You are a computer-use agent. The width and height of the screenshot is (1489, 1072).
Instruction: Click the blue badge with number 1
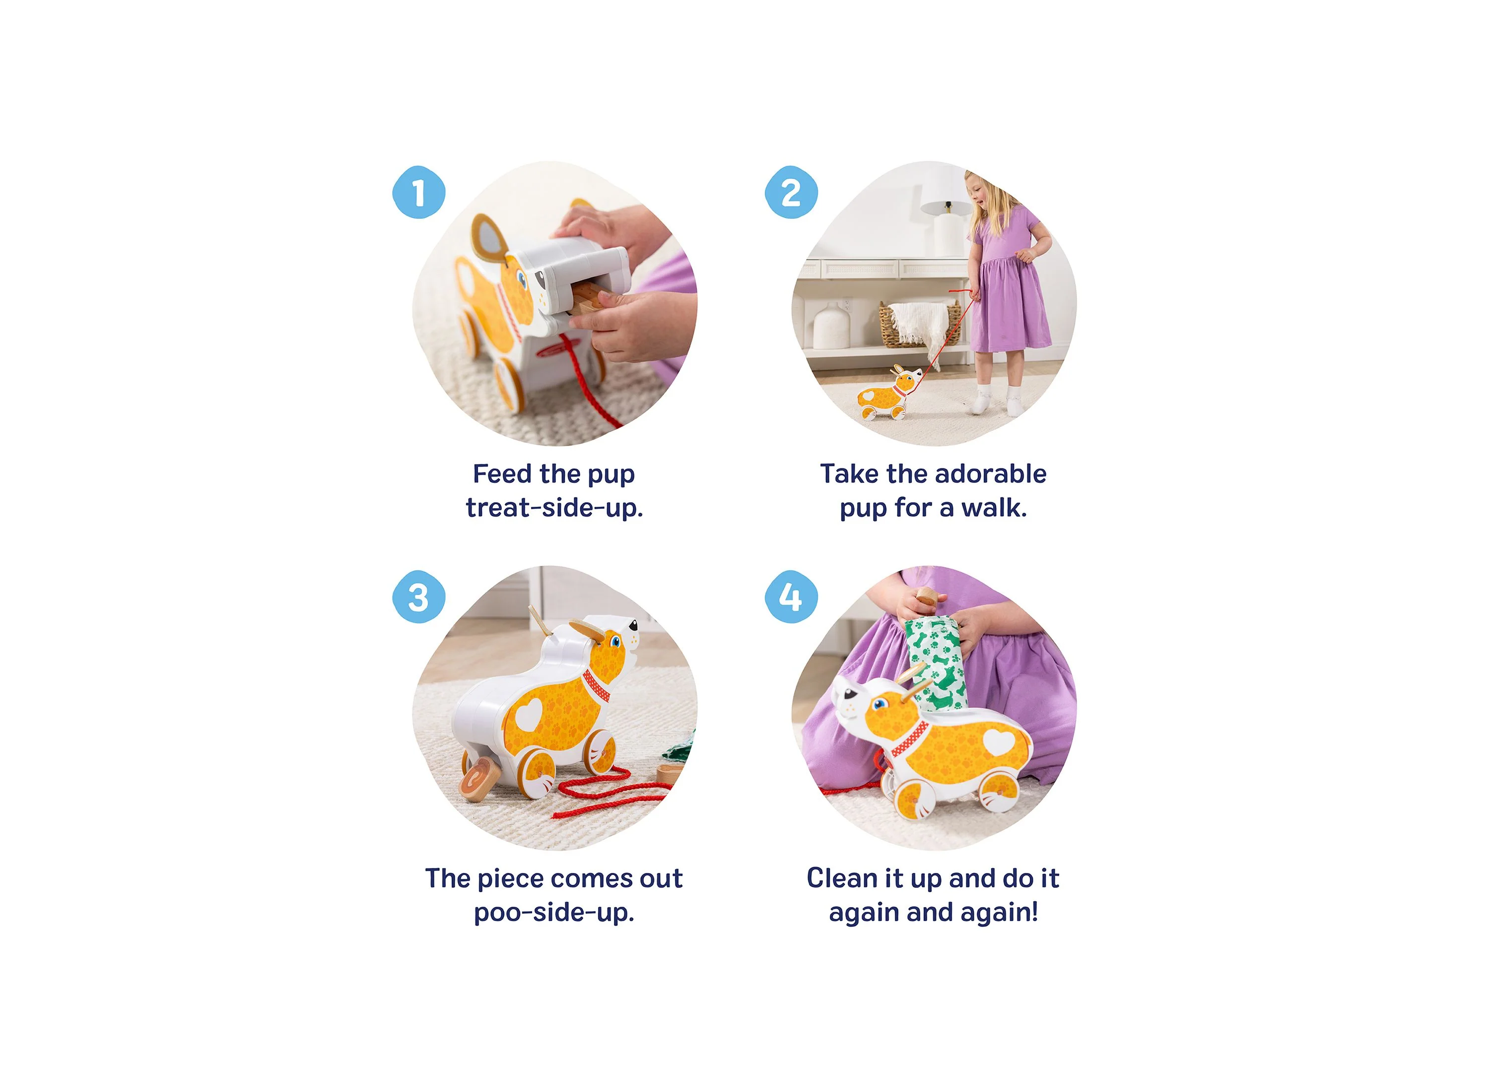click(419, 193)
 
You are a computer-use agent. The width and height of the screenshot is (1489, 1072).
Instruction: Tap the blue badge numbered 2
click(791, 193)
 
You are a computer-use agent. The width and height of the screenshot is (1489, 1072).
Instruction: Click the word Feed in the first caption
click(502, 473)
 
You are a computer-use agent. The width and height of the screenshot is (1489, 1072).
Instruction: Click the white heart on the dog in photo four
click(999, 742)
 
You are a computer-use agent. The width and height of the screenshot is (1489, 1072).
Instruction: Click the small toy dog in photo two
click(887, 394)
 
